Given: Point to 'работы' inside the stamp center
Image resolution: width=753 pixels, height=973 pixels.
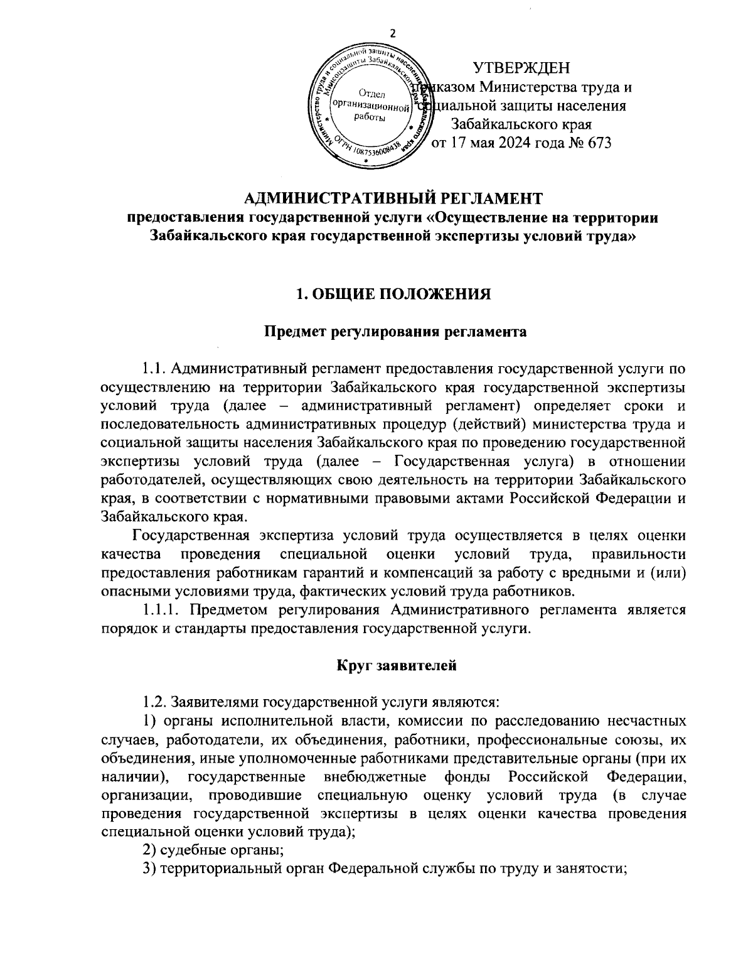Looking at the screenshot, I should click(x=370, y=119).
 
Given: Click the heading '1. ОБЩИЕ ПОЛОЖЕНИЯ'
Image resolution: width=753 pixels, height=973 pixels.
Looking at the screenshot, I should click(x=393, y=293).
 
